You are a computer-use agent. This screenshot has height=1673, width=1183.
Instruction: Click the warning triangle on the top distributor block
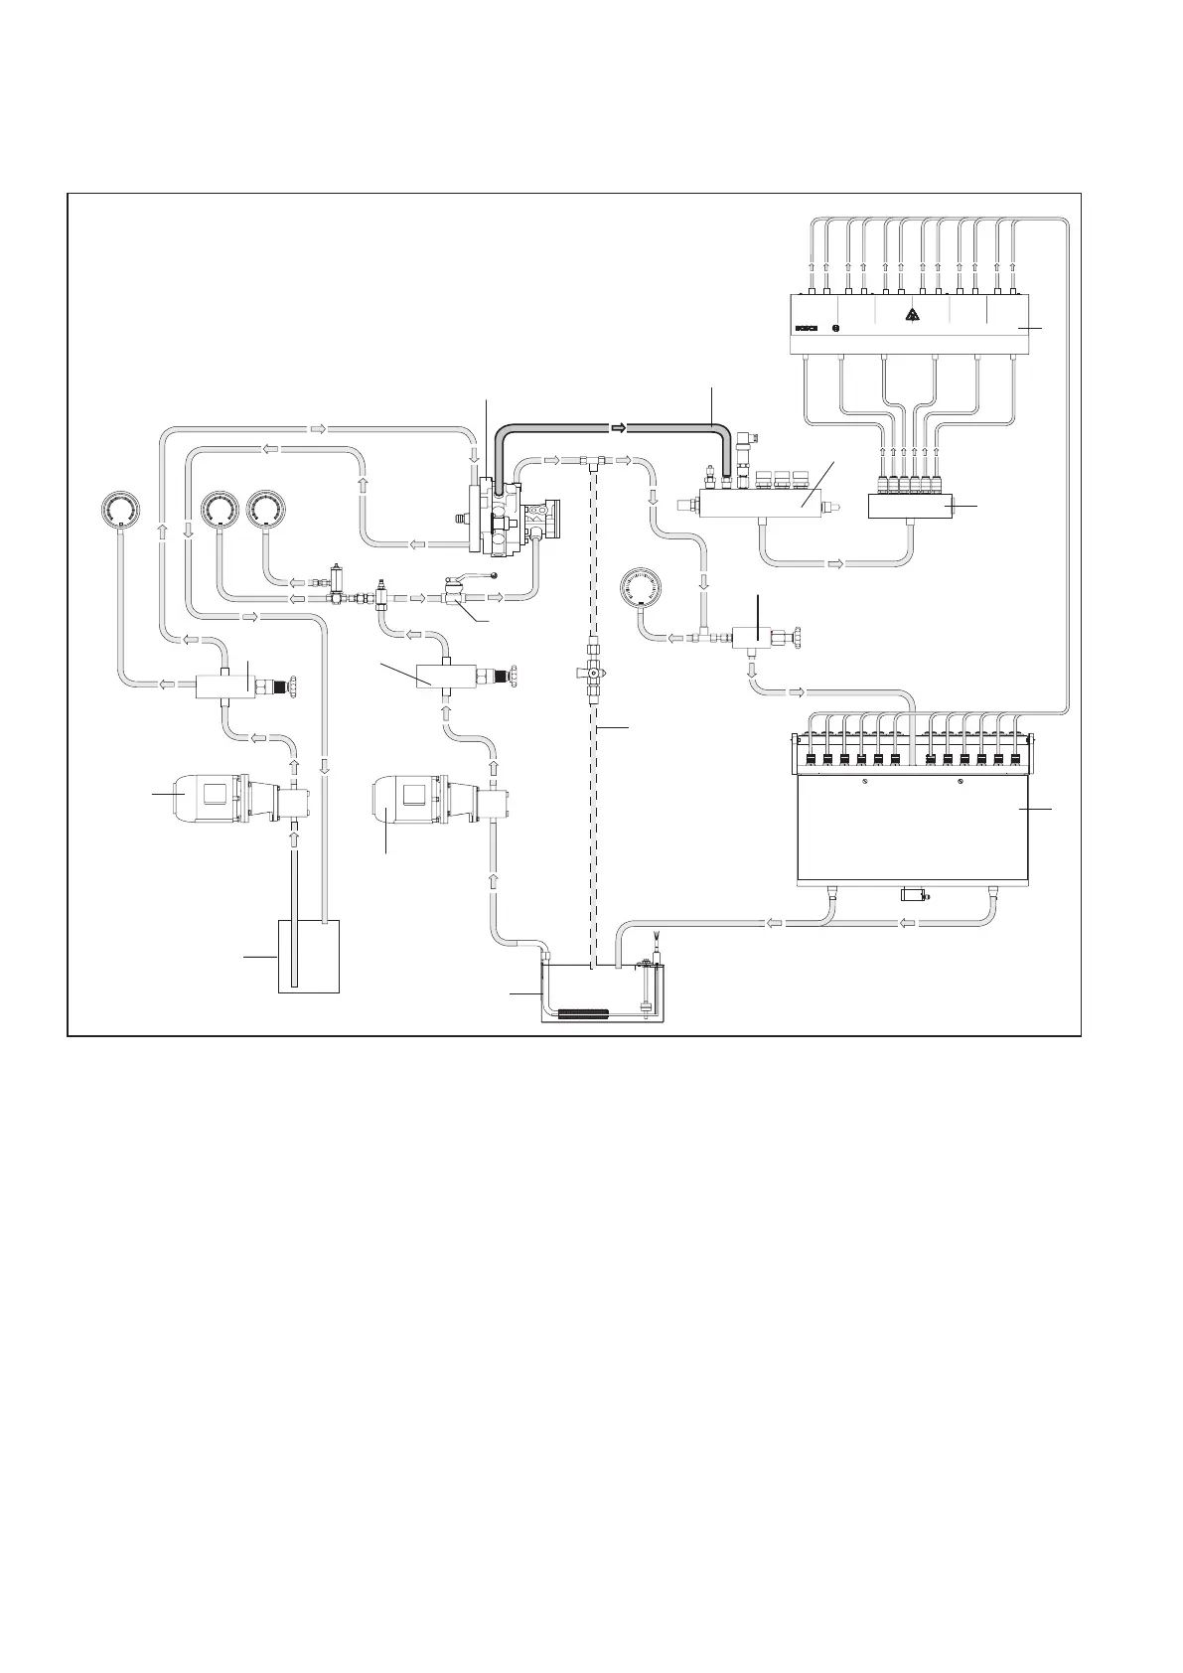click(913, 317)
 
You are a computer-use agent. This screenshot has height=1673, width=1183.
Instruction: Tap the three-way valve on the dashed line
click(593, 673)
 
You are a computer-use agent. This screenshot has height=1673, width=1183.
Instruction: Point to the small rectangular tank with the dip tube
click(307, 956)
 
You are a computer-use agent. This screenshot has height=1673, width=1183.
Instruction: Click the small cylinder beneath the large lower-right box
click(913, 896)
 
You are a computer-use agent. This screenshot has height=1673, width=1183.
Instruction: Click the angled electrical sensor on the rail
click(749, 438)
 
